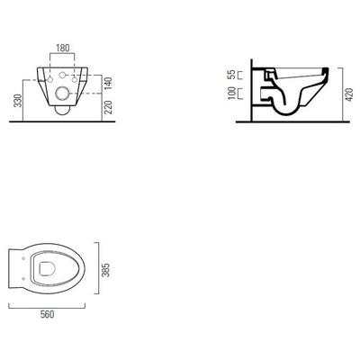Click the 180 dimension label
[x=63, y=48]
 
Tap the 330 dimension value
[x=19, y=101]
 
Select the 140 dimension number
[x=109, y=83]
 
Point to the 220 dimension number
[x=109, y=107]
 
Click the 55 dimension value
[x=231, y=75]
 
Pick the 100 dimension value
[x=231, y=94]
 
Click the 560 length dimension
[x=47, y=314]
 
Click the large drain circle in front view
[x=62, y=94]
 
